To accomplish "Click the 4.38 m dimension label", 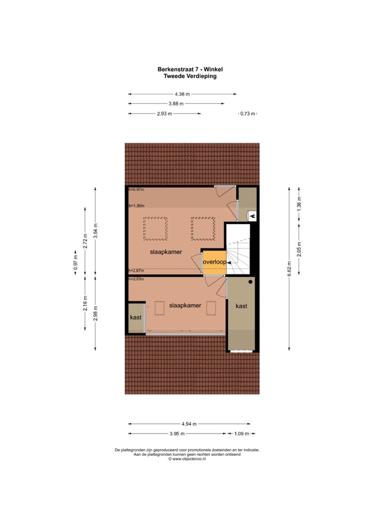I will [x=181, y=94].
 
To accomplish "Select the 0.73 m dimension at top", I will [x=248, y=114].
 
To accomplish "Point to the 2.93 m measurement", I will [x=164, y=114].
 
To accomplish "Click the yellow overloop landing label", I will [x=214, y=262].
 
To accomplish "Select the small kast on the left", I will [x=136, y=317].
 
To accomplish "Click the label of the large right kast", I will [x=241, y=306].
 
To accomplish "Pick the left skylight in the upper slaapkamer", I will [x=155, y=229].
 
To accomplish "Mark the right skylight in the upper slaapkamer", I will [x=203, y=229].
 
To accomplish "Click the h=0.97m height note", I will [x=136, y=189].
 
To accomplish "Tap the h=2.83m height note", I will [x=136, y=279].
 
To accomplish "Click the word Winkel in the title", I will [x=213, y=69].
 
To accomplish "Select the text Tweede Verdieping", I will [x=190, y=76].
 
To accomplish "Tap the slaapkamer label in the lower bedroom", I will [x=185, y=305].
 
